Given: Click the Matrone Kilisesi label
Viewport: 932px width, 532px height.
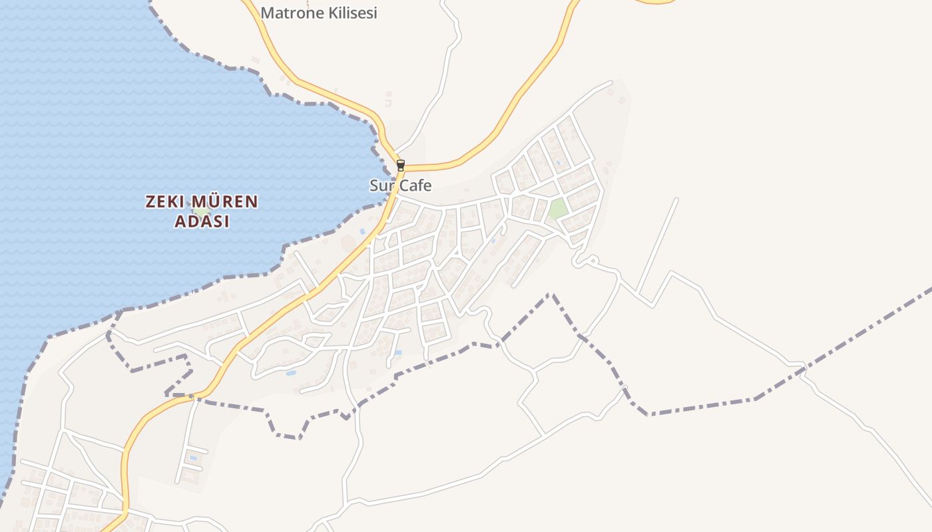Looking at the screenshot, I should pos(319,13).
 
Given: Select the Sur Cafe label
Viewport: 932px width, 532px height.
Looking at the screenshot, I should pos(401,186).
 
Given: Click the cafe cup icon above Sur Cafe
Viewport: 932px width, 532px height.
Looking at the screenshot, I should pos(400,165).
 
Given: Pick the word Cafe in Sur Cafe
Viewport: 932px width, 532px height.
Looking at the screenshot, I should pos(414,186).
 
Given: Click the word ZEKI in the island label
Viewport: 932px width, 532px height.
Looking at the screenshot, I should pos(165,202).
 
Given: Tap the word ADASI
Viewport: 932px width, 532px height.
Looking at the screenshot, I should pos(202,222).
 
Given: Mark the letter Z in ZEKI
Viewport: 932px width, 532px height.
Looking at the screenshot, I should pos(150,202).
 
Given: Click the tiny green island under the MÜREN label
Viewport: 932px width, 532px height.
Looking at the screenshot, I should pos(200,212).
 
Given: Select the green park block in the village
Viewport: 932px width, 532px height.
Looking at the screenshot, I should pos(558,209).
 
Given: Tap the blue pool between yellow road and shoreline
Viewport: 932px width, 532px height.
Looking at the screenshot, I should pos(362,231).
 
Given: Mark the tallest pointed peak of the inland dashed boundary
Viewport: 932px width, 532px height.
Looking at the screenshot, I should pos(550,294).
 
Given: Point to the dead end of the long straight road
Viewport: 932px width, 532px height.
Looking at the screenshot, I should pos(677,199).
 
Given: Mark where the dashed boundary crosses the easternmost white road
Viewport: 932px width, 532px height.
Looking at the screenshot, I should pos(804,367).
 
